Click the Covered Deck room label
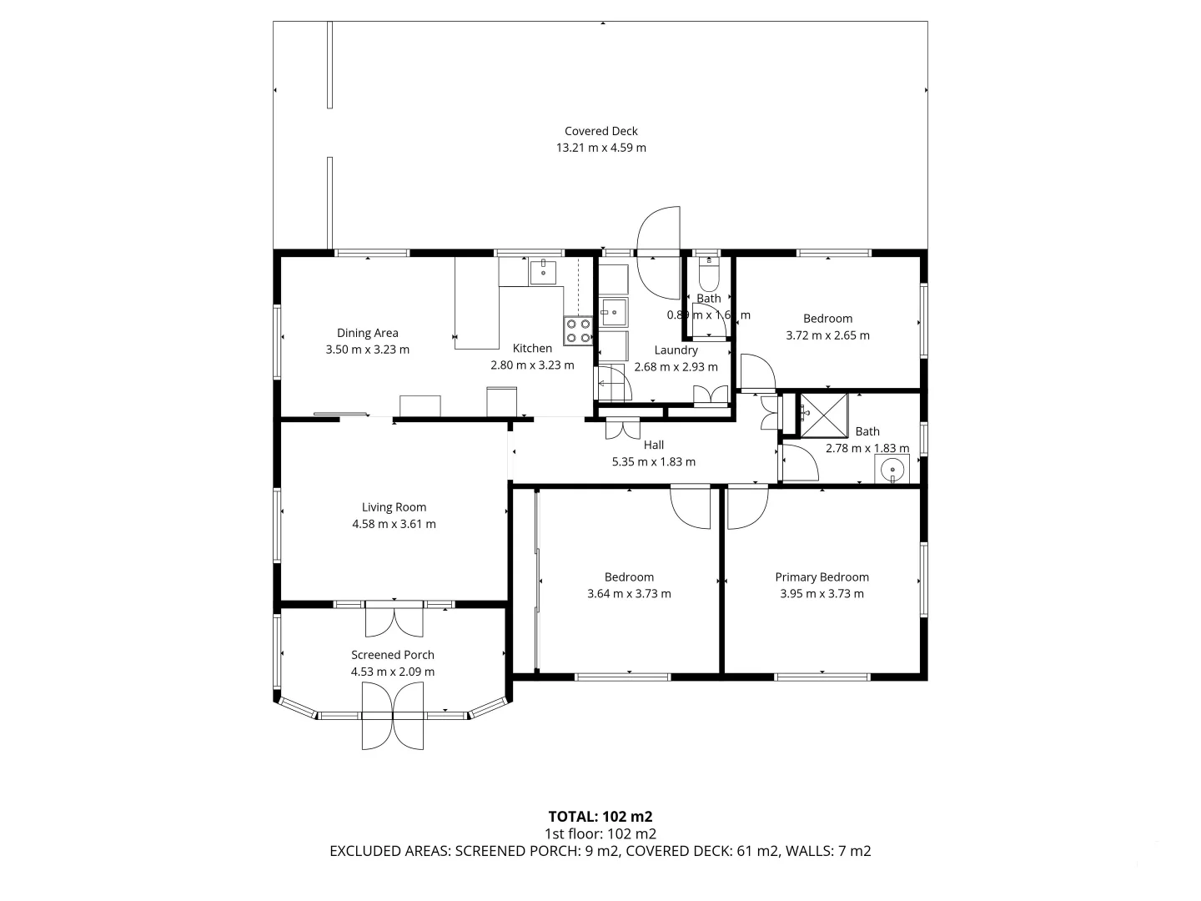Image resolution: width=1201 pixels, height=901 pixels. point(600,131)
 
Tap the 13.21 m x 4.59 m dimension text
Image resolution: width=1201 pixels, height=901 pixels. point(600,148)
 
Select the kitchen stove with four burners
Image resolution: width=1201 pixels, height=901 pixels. point(578,330)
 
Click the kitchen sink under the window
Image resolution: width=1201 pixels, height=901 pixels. point(543,271)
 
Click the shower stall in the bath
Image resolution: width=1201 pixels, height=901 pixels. point(823,415)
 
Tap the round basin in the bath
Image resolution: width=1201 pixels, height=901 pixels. point(892,471)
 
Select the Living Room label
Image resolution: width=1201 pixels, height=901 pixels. point(394,507)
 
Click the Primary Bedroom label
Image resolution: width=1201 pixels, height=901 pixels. point(822,577)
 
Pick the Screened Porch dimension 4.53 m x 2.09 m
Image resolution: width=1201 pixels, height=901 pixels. point(393,672)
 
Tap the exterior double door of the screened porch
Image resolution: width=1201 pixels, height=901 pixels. point(393,715)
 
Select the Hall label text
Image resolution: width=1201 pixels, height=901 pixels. point(653,445)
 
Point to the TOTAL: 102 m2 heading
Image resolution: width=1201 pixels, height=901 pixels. point(600,817)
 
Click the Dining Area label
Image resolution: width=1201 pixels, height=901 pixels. point(367,333)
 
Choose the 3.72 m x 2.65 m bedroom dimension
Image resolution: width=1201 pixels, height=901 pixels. point(827,335)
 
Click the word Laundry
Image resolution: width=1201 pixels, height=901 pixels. point(676,350)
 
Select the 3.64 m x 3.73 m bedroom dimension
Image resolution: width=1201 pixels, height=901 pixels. point(629,594)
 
